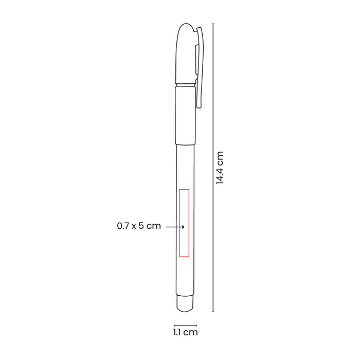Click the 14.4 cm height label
pyautogui.click(x=220, y=168)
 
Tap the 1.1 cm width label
pyautogui.click(x=186, y=332)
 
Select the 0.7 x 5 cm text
pyautogui.click(x=139, y=226)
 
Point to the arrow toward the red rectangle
pyautogui.click(x=175, y=227)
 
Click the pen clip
pyautogui.click(x=200, y=68)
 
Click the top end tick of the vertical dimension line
pyautogui.click(x=213, y=24)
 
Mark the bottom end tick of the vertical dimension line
pyautogui.click(x=213, y=312)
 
